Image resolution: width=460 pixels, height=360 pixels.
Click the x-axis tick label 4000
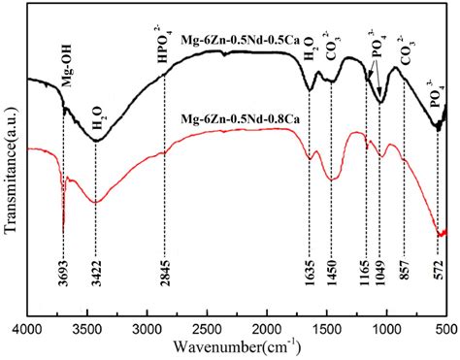coord(26,330)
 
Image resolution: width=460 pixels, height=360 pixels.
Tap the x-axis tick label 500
coord(445,330)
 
